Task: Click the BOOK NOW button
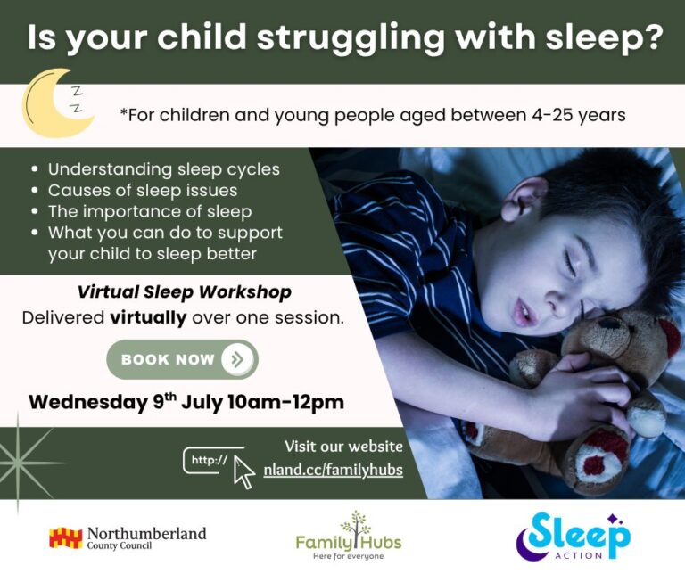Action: pyautogui.click(x=182, y=359)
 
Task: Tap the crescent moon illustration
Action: pyautogui.click(x=54, y=103)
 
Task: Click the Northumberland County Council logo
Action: pyautogui.click(x=128, y=538)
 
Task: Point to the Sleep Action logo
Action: pyautogui.click(x=573, y=537)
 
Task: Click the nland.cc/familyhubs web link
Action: pyautogui.click(x=333, y=470)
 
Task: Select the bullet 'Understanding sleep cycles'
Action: pyautogui.click(x=163, y=169)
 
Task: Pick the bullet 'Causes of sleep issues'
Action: pyautogui.click(x=143, y=191)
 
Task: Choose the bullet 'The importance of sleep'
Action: pyautogui.click(x=150, y=212)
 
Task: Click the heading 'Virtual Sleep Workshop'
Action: pyautogui.click(x=185, y=292)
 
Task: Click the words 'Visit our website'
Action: pyautogui.click(x=343, y=447)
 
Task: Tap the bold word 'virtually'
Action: pyautogui.click(x=148, y=317)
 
